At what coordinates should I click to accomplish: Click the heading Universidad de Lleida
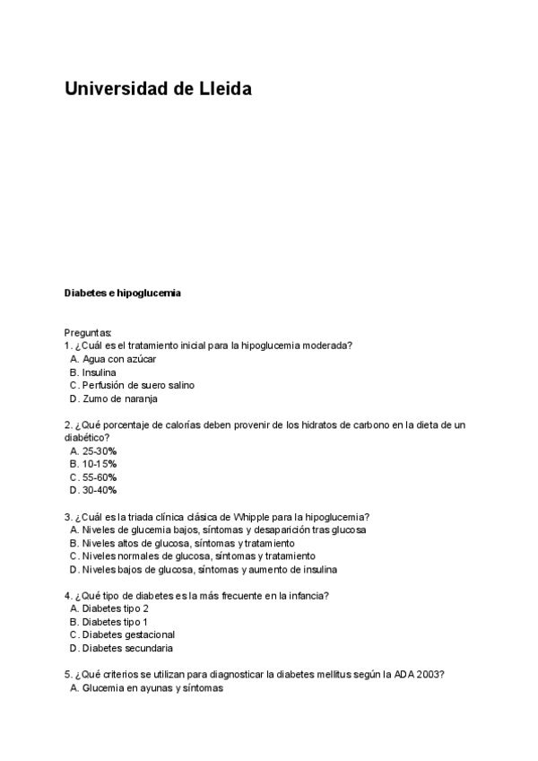tap(158, 89)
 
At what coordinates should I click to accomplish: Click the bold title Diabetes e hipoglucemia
tap(122, 293)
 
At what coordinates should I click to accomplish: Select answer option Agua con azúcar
tap(118, 359)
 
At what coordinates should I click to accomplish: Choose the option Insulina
tap(99, 372)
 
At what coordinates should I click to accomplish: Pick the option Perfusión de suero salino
tap(137, 385)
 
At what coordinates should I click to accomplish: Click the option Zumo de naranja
tap(119, 398)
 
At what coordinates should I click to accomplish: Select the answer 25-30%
tap(100, 451)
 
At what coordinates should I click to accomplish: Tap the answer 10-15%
tap(100, 464)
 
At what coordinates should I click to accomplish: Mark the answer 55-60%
tap(100, 477)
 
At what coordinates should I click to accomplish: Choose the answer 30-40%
tap(100, 490)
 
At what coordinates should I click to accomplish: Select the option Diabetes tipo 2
tap(115, 608)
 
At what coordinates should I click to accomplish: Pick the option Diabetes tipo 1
tap(115, 621)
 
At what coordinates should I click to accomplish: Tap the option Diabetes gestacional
tap(128, 634)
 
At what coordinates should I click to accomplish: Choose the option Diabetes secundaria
tap(127, 648)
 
